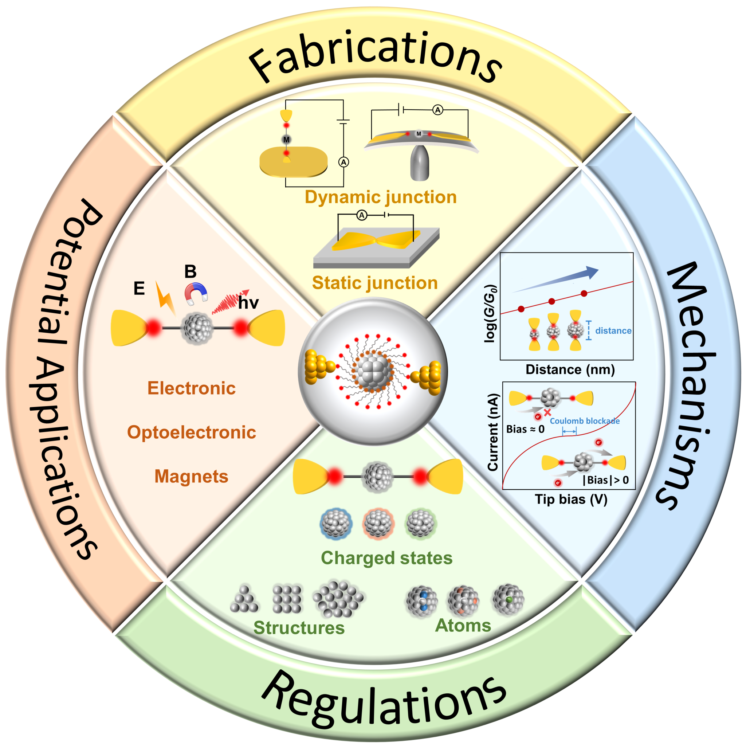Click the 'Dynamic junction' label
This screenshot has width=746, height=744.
click(x=380, y=197)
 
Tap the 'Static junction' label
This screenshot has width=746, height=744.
click(x=374, y=283)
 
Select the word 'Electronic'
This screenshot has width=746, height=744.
click(x=192, y=388)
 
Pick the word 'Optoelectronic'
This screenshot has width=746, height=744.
click(x=192, y=432)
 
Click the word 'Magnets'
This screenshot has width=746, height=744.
click(x=192, y=476)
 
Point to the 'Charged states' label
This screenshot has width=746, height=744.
click(x=386, y=558)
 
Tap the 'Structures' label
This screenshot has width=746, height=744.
click(x=299, y=628)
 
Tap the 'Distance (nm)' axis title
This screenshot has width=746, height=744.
click(x=570, y=370)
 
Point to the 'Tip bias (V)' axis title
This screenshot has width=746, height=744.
click(x=571, y=500)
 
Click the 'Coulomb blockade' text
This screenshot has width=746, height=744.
click(x=585, y=421)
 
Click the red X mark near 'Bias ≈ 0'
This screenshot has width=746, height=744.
click(x=547, y=412)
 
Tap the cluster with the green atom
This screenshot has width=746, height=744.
click(x=509, y=599)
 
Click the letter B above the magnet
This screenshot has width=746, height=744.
click(x=191, y=271)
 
